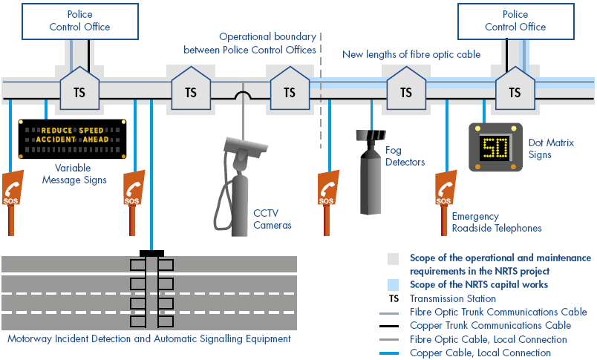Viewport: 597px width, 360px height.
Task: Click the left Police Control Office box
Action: [79, 21]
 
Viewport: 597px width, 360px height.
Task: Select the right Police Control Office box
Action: [515, 21]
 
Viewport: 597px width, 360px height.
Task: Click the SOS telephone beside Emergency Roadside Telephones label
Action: [444, 190]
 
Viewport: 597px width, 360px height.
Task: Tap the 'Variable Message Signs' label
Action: [74, 174]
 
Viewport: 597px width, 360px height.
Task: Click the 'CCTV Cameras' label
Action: [273, 219]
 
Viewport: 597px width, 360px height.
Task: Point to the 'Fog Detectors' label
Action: [405, 156]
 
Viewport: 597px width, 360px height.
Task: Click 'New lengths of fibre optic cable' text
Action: [411, 54]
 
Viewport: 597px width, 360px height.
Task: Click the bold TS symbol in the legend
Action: [394, 299]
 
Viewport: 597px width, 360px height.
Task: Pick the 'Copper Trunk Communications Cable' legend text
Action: [490, 326]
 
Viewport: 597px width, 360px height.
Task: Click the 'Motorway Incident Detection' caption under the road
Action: [149, 339]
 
